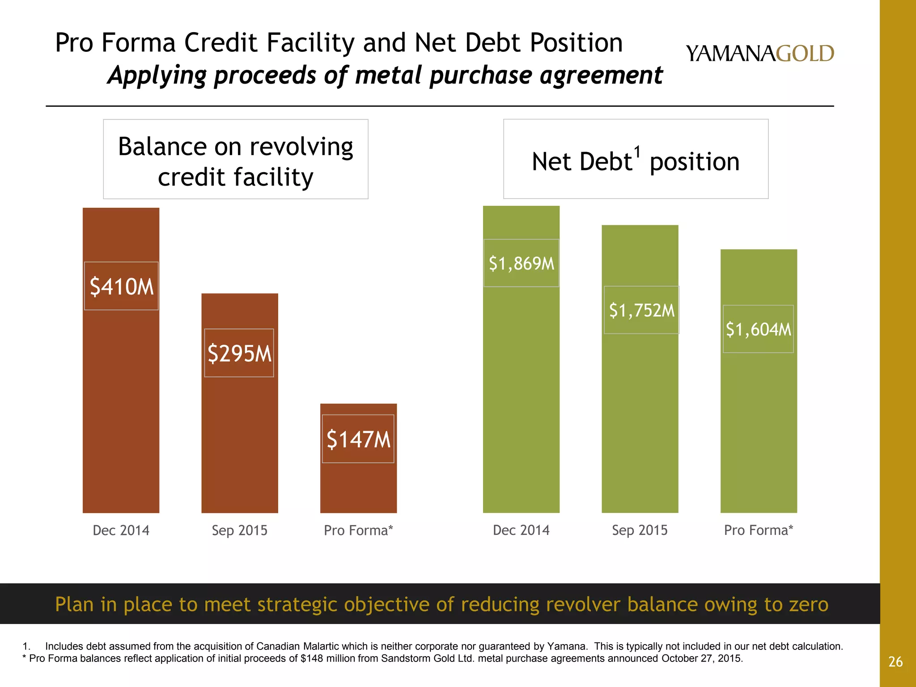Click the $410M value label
pyautogui.click(x=121, y=286)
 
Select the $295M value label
pyautogui.click(x=239, y=353)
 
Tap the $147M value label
pyautogui.click(x=358, y=439)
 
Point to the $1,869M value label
pyautogui.click(x=521, y=263)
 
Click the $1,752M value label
pyautogui.click(x=641, y=310)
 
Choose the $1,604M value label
pyautogui.click(x=758, y=329)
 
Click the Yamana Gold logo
pyautogui.click(x=759, y=54)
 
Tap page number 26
pyautogui.click(x=895, y=662)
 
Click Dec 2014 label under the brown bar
pyautogui.click(x=121, y=530)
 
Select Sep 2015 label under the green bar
pyautogui.click(x=640, y=530)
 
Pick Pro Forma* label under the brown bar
pyautogui.click(x=358, y=530)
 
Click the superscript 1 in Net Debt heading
pyautogui.click(x=637, y=152)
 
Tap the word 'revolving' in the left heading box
pyautogui.click(x=301, y=147)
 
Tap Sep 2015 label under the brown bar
pyautogui.click(x=239, y=530)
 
